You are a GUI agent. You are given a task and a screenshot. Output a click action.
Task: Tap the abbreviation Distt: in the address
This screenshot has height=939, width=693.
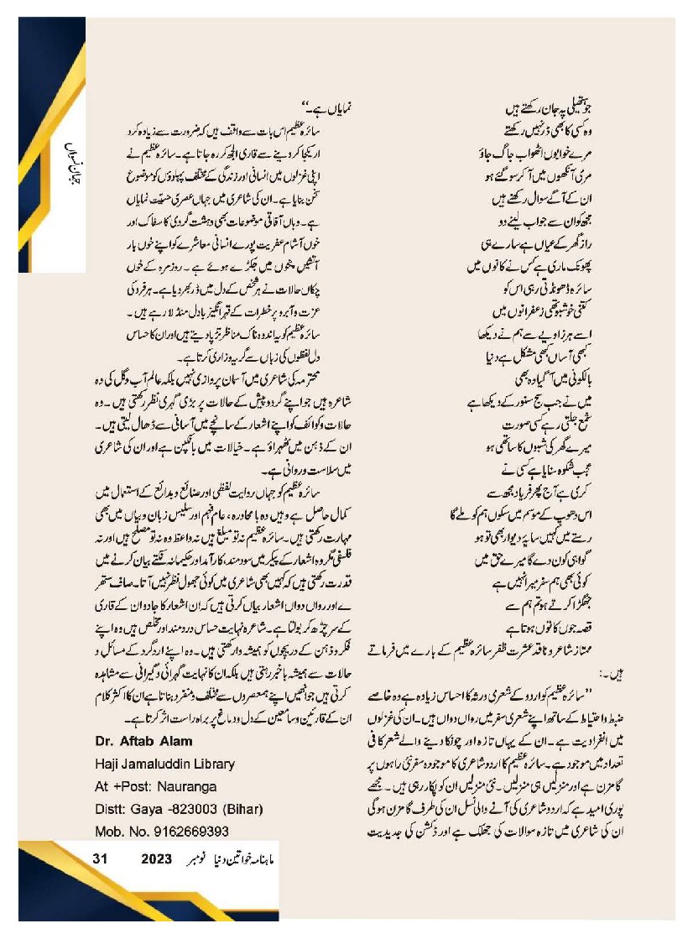click(x=105, y=809)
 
